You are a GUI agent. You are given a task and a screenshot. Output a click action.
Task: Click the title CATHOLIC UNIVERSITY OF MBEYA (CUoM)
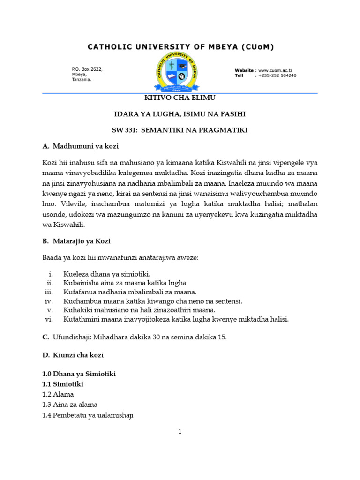[180, 46]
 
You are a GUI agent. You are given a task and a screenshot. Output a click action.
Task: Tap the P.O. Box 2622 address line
[87, 69]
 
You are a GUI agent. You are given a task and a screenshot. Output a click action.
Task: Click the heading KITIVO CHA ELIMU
[180, 97]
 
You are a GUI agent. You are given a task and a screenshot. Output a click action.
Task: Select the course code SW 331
[126, 130]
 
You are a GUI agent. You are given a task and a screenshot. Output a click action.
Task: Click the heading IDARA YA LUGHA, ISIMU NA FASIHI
[180, 114]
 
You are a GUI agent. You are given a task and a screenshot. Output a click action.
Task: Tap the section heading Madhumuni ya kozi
[86, 146]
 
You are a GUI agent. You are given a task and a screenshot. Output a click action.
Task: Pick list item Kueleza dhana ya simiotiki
[107, 273]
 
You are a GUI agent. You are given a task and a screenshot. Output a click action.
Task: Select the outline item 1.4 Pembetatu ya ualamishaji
[88, 415]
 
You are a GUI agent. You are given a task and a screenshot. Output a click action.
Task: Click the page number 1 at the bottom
[180, 432]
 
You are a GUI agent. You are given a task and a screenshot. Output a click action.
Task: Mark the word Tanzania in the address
[82, 80]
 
